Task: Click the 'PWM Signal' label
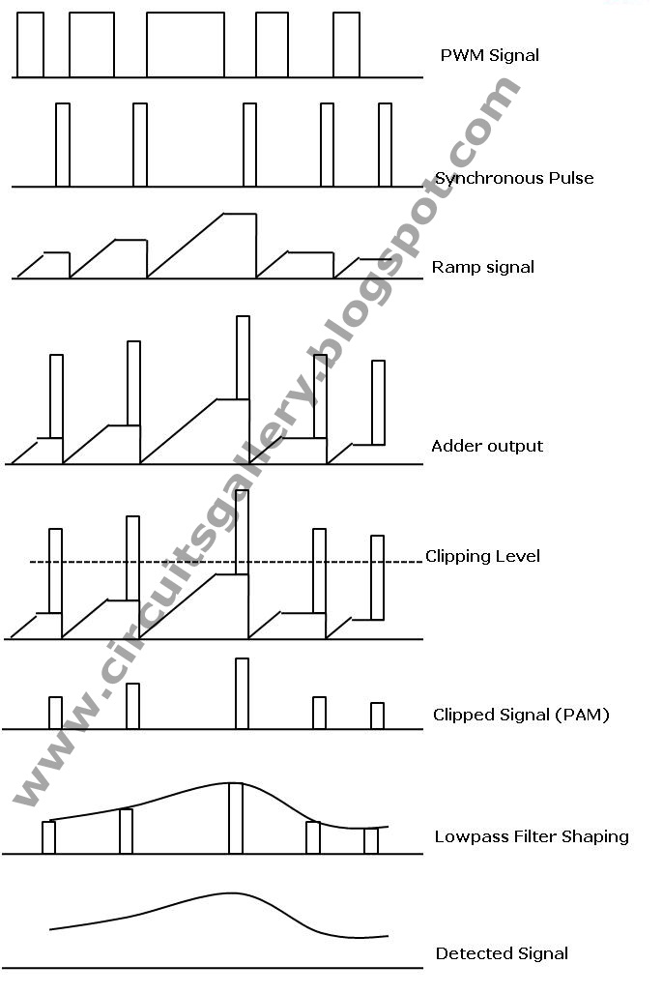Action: [x=489, y=55]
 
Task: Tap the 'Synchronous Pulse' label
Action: [x=514, y=178]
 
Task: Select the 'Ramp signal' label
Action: [x=483, y=267]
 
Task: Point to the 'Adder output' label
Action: [x=487, y=446]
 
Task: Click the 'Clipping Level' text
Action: [x=482, y=556]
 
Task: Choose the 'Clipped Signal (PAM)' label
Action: [x=521, y=716]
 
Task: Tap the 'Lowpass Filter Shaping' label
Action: [x=532, y=836]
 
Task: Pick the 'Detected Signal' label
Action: [x=502, y=953]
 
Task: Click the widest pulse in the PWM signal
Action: [x=186, y=44]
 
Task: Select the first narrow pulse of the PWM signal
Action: [x=30, y=44]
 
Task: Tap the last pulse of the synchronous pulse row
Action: [x=385, y=144]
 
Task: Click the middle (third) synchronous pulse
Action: [x=249, y=144]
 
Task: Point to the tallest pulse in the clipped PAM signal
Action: [x=242, y=693]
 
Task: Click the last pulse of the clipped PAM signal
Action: [x=377, y=716]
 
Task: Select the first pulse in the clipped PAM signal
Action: [x=55, y=713]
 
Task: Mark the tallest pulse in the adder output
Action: [x=243, y=358]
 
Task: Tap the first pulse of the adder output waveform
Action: [x=56, y=396]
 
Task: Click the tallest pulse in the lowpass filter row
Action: [x=235, y=818]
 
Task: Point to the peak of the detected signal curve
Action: [x=229, y=893]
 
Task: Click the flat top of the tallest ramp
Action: [x=240, y=214]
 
